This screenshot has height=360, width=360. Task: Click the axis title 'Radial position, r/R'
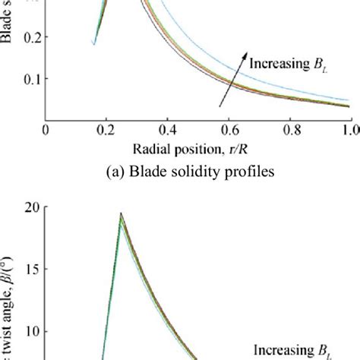[x=197, y=149]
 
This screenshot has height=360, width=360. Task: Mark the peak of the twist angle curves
[x=120, y=215]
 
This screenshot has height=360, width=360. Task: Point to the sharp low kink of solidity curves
[x=93, y=44]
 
